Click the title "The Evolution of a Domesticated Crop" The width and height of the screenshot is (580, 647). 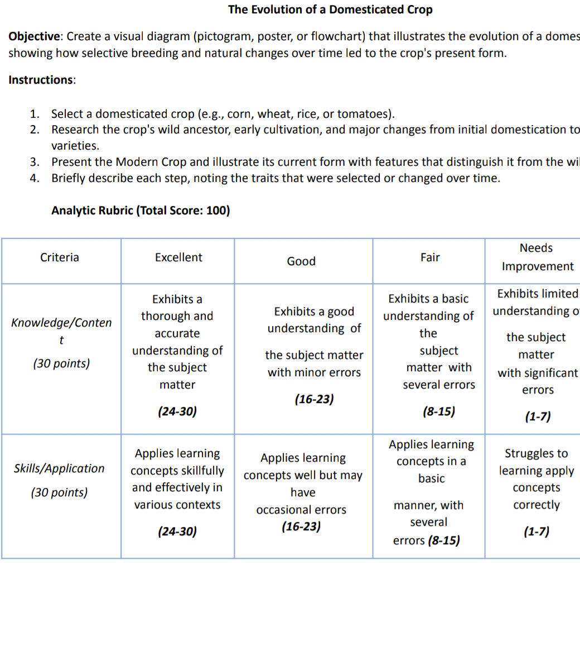point(330,9)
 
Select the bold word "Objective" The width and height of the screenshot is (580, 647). point(34,37)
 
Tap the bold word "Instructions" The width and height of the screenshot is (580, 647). point(41,80)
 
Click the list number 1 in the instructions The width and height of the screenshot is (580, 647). point(35,114)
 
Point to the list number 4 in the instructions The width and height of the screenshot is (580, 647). point(35,179)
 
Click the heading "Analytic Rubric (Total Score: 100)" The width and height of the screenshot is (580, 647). point(141,210)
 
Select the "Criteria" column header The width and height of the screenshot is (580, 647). point(60,257)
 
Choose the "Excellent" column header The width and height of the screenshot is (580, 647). point(178,257)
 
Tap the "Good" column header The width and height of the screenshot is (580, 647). point(301,261)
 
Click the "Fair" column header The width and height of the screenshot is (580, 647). point(430,257)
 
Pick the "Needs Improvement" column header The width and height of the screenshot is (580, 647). point(536,257)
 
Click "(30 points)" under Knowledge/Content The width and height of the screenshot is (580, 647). point(61,363)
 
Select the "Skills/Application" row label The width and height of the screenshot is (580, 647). point(59,468)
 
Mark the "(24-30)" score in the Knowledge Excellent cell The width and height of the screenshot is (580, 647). point(177,411)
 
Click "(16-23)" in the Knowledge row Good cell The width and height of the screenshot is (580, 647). point(314,399)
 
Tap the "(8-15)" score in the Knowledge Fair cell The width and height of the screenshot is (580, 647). point(438,411)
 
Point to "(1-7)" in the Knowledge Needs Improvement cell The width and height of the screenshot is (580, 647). point(538,416)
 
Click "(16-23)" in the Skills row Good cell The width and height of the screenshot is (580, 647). point(301,526)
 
